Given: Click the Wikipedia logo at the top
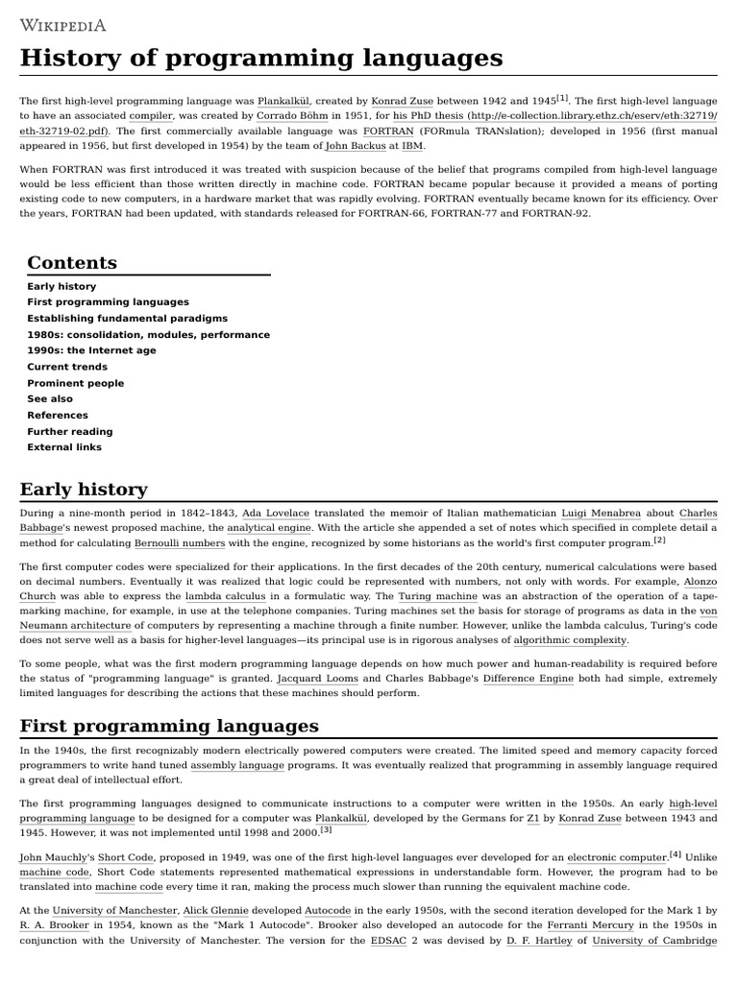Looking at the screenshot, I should click(x=63, y=25).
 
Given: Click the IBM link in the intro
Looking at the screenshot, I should click(x=411, y=146).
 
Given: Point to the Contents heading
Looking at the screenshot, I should click(x=72, y=263).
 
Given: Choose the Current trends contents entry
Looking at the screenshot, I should click(x=67, y=367).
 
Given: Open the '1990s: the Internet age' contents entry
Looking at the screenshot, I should click(x=91, y=350).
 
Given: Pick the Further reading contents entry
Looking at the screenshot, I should click(x=69, y=431).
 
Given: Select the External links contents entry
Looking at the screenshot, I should click(x=64, y=447).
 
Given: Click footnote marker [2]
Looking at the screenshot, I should click(x=659, y=540).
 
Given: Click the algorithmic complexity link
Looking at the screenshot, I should click(x=571, y=640).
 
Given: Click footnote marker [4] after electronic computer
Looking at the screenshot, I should click(x=676, y=853).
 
